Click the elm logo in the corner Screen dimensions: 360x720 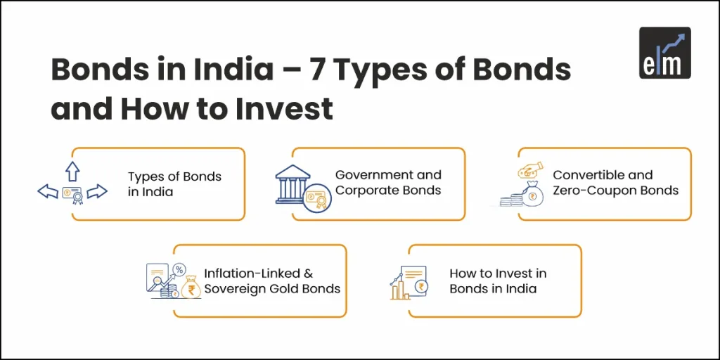664,53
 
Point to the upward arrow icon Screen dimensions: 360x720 72,170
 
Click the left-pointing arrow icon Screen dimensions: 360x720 47,191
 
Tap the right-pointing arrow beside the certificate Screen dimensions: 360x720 97,191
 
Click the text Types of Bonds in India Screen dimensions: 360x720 174,184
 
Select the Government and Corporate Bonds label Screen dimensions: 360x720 388,182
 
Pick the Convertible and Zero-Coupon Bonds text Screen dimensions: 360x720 615,182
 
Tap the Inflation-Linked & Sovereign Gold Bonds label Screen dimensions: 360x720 272,281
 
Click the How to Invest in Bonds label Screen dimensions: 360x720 498,281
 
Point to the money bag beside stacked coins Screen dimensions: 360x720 532,195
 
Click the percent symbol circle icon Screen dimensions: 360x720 179,269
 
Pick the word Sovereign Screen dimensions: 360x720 234,289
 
